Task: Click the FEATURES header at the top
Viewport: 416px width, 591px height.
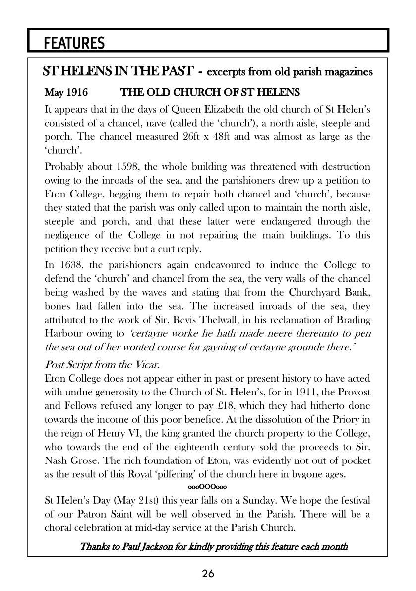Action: tap(74, 44)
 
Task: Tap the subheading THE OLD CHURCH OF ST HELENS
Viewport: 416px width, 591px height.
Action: tap(210, 93)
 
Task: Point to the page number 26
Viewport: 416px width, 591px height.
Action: tap(208, 574)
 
